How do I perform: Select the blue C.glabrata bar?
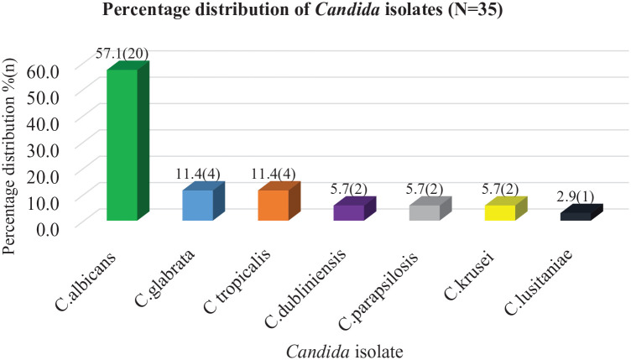pyautogui.click(x=203, y=201)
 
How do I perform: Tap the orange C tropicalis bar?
pyautogui.click(x=279, y=201)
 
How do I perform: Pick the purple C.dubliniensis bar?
pyautogui.click(x=355, y=208)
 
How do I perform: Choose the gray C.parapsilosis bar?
pyautogui.click(x=430, y=208)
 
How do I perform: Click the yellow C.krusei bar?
pyautogui.click(x=506, y=208)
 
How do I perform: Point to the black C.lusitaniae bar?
pyautogui.click(x=581, y=212)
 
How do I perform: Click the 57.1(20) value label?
pyautogui.click(x=123, y=54)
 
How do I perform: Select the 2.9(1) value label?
pyautogui.click(x=576, y=196)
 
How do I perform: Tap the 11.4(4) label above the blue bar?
pyautogui.click(x=197, y=174)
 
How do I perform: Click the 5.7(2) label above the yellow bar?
pyautogui.click(x=500, y=189)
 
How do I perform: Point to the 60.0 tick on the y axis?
pyautogui.click(x=42, y=71)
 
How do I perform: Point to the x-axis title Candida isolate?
pyautogui.click(x=345, y=352)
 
